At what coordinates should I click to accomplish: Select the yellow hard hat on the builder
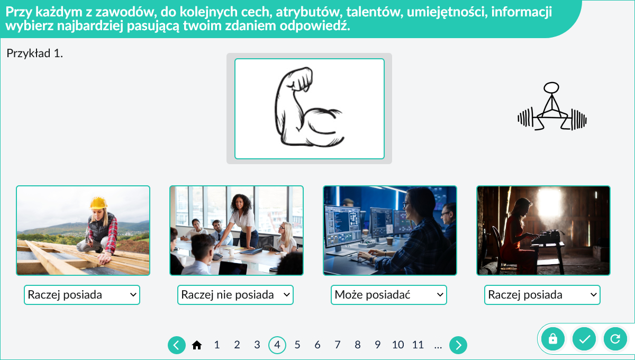click(98, 203)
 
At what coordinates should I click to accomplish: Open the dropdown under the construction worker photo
click(82, 295)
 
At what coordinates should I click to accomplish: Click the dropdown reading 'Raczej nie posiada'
click(235, 295)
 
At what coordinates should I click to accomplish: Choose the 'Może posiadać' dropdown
click(388, 295)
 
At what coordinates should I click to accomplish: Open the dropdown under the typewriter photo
click(542, 295)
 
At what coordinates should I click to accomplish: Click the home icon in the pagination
click(197, 345)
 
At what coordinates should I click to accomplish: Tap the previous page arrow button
click(177, 345)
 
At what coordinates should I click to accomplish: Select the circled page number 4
click(277, 345)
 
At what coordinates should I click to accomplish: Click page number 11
click(418, 345)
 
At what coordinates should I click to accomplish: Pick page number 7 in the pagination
click(338, 345)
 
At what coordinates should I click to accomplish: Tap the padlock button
click(553, 339)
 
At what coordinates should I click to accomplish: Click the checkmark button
click(584, 339)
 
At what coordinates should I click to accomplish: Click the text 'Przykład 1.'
click(34, 53)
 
